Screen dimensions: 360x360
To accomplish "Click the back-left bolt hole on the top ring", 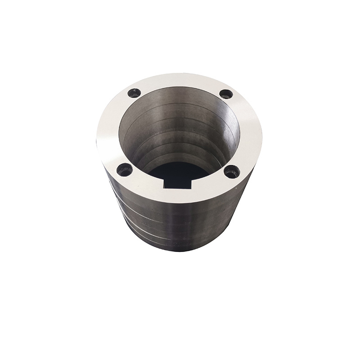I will tap(134, 93).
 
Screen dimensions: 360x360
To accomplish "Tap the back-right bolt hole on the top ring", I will tap(226, 94).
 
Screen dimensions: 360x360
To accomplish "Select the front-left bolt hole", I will tap(125, 170).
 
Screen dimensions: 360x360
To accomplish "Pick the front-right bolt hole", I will tap(232, 171).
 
